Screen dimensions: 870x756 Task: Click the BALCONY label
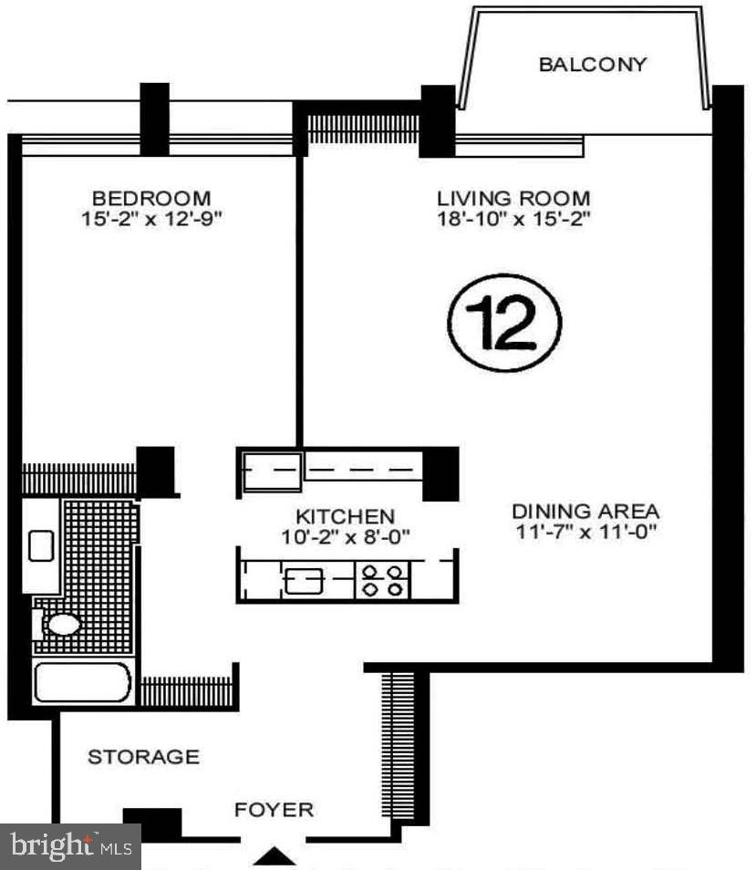tap(592, 65)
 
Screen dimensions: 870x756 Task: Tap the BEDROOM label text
tap(150, 198)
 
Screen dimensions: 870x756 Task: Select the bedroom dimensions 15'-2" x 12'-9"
tap(151, 219)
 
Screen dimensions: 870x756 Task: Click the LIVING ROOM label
tap(513, 198)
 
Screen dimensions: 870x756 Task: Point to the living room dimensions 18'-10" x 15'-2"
tap(513, 219)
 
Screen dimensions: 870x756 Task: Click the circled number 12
tap(503, 323)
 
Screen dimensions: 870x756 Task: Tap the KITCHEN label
tap(345, 515)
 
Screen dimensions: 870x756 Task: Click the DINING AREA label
tap(585, 512)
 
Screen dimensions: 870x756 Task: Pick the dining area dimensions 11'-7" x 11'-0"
tap(585, 532)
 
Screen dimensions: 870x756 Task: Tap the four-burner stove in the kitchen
tap(382, 581)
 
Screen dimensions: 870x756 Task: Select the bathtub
tap(83, 682)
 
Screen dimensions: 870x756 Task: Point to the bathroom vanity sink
tap(41, 546)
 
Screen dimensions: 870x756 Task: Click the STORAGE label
tap(143, 757)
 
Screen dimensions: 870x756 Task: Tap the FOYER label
tap(274, 809)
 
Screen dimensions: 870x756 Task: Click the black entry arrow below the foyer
tap(274, 857)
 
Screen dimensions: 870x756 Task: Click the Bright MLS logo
tap(69, 847)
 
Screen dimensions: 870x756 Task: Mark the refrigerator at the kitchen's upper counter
tap(271, 471)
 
